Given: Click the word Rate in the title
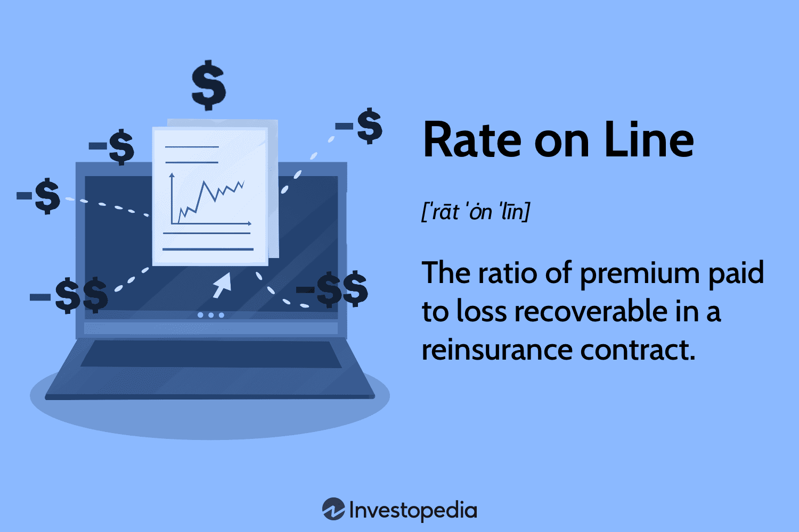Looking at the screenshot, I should [472, 140].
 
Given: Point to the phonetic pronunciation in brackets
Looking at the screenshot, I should [476, 212].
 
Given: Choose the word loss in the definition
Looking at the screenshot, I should [482, 312].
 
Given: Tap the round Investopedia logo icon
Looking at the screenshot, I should [333, 509].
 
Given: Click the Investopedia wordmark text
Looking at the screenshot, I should [413, 511].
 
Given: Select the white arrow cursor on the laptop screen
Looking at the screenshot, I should [222, 285].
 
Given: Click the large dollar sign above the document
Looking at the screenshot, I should [209, 85].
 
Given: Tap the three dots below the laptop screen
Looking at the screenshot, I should [211, 315].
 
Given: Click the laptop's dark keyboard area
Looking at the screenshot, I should [210, 354].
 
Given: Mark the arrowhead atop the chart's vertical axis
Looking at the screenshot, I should [172, 175].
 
